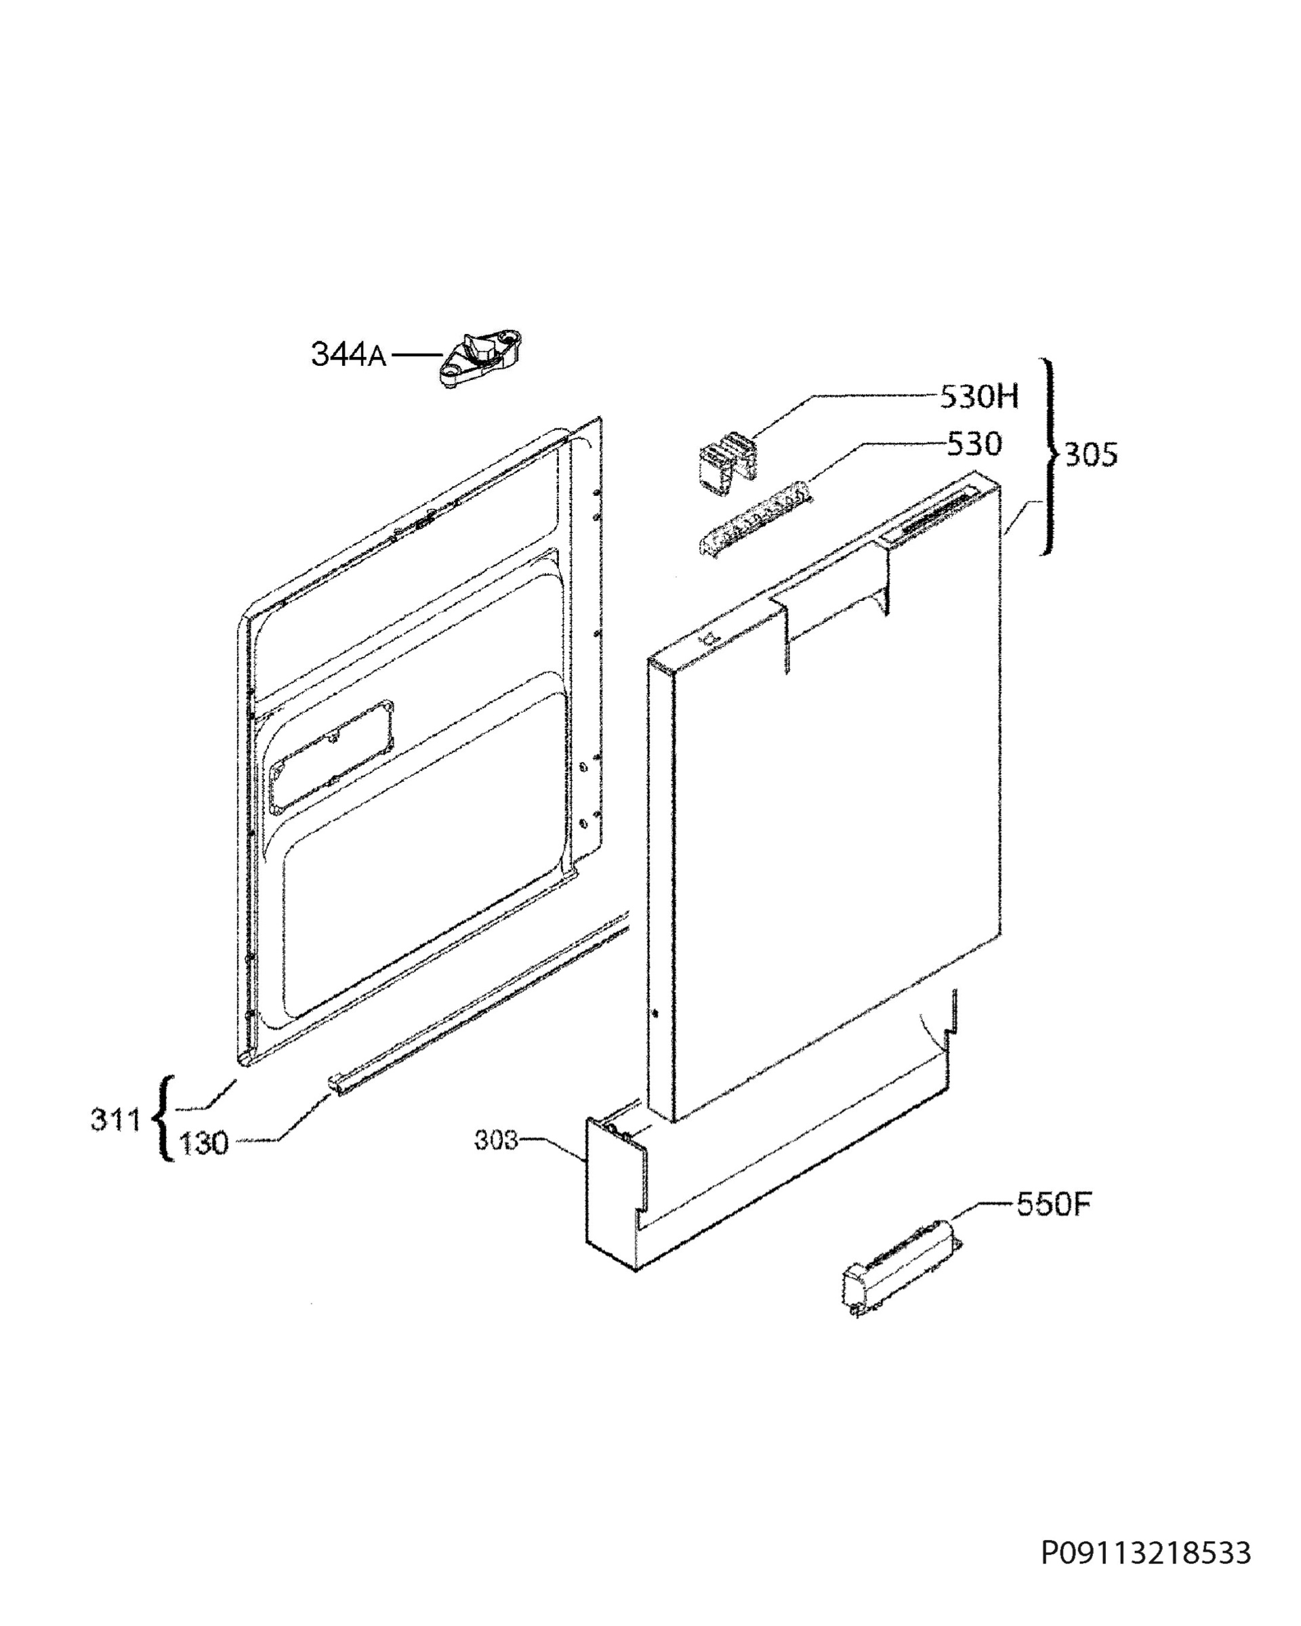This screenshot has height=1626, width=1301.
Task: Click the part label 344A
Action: coord(348,354)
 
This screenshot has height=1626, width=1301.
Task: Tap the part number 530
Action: coord(974,444)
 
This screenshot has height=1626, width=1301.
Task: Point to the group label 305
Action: coord(1090,455)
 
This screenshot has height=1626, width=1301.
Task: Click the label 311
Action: coord(116,1120)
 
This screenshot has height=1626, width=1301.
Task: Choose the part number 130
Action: coord(204,1144)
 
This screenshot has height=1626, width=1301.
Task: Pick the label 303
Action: coord(496,1140)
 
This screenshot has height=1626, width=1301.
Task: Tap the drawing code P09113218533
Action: coord(1146,1554)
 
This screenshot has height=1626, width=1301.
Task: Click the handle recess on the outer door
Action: coord(829,602)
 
